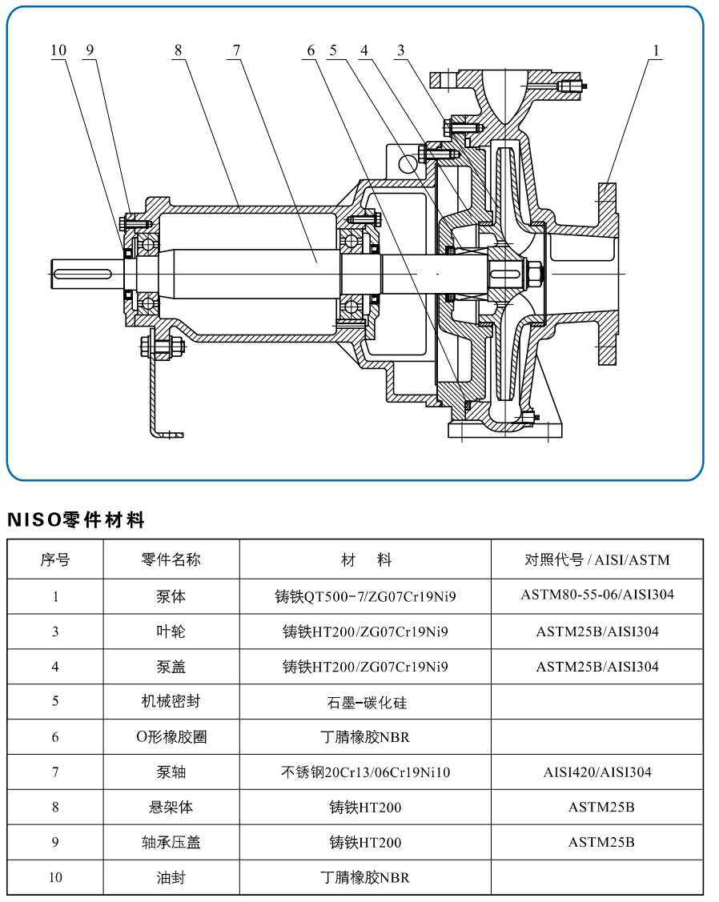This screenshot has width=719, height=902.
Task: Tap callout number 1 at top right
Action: pyautogui.click(x=656, y=50)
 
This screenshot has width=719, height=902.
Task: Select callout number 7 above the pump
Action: pyautogui.click(x=236, y=50)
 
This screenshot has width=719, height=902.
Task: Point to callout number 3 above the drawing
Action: pyautogui.click(x=400, y=50)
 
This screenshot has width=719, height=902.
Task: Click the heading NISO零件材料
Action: pyautogui.click(x=76, y=520)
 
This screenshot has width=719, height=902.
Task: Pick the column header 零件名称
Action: pyautogui.click(x=171, y=559)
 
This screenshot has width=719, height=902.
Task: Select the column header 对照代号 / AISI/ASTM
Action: pyautogui.click(x=596, y=559)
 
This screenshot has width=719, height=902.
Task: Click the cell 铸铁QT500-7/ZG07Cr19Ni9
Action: pyautogui.click(x=365, y=596)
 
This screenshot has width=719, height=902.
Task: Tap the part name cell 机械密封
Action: pyautogui.click(x=171, y=702)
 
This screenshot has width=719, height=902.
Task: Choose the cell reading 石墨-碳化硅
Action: pyautogui.click(x=365, y=702)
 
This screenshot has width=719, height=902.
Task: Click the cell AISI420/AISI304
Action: pyautogui.click(x=596, y=772)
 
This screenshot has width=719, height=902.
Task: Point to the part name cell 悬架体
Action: pyautogui.click(x=171, y=808)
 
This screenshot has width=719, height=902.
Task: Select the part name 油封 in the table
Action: pyautogui.click(x=171, y=878)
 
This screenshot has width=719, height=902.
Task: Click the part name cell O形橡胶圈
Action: pyautogui.click(x=171, y=737)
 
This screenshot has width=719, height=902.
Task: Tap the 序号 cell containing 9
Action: pyautogui.click(x=55, y=843)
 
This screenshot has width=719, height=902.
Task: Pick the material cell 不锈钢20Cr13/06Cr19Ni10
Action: pyautogui.click(x=365, y=772)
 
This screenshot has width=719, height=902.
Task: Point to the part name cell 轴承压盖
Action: pyautogui.click(x=171, y=843)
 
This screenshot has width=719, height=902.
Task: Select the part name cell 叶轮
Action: pyautogui.click(x=171, y=631)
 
